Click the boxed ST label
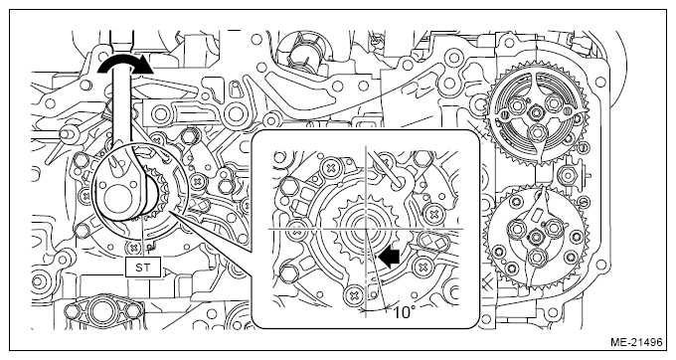tap(143, 268)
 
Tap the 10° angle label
tap(403, 312)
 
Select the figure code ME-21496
tap(636, 343)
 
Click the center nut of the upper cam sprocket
tap(536, 113)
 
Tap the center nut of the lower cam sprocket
tap(536, 236)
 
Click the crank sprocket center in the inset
tap(365, 228)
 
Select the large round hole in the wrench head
tap(117, 202)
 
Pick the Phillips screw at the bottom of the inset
tap(355, 295)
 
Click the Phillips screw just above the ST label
tap(133, 247)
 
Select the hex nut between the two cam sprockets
tap(568, 175)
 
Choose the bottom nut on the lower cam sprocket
tap(537, 258)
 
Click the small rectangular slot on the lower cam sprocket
tap(539, 214)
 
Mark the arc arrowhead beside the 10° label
tap(386, 307)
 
